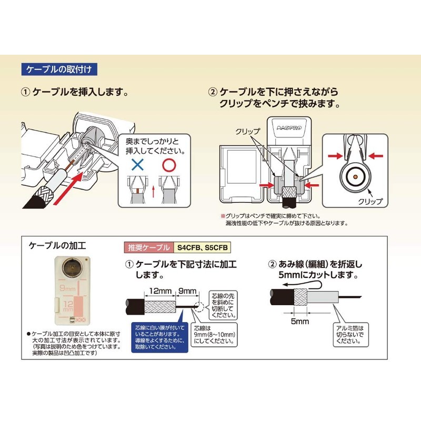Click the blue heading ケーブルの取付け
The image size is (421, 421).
59,69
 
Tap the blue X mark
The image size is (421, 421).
138,165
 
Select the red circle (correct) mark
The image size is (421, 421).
169,165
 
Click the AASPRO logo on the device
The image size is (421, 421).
289,128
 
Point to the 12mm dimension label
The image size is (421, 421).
160,291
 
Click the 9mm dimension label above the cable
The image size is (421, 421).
187,291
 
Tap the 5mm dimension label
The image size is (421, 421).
299,321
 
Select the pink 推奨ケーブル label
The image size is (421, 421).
149,247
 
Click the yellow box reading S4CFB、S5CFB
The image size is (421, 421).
202,247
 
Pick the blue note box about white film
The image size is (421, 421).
160,337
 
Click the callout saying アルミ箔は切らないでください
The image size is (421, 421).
350,335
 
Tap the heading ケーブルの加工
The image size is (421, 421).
57,245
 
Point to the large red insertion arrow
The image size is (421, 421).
69,188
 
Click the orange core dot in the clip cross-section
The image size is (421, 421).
355,177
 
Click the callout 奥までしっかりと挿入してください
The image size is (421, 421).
155,147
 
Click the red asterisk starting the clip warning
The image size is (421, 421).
223,216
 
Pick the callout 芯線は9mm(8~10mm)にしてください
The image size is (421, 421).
214,335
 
